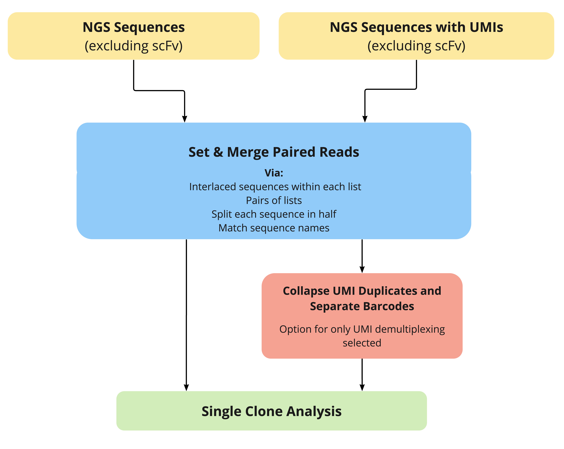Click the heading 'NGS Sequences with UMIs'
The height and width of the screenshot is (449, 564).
416,27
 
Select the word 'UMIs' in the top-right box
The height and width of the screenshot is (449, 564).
486,27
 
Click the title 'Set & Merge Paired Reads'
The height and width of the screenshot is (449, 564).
274,152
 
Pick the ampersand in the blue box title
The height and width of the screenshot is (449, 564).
218,152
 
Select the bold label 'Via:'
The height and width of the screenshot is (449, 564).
274,173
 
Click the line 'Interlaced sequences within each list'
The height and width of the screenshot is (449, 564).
275,187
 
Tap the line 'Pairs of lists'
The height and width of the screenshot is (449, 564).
274,201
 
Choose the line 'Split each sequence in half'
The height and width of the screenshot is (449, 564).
274,214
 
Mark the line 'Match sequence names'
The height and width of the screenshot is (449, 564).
274,228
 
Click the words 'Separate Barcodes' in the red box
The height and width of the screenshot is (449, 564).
362,306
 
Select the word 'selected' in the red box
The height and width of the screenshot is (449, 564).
362,343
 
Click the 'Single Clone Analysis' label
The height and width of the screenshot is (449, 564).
271,411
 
